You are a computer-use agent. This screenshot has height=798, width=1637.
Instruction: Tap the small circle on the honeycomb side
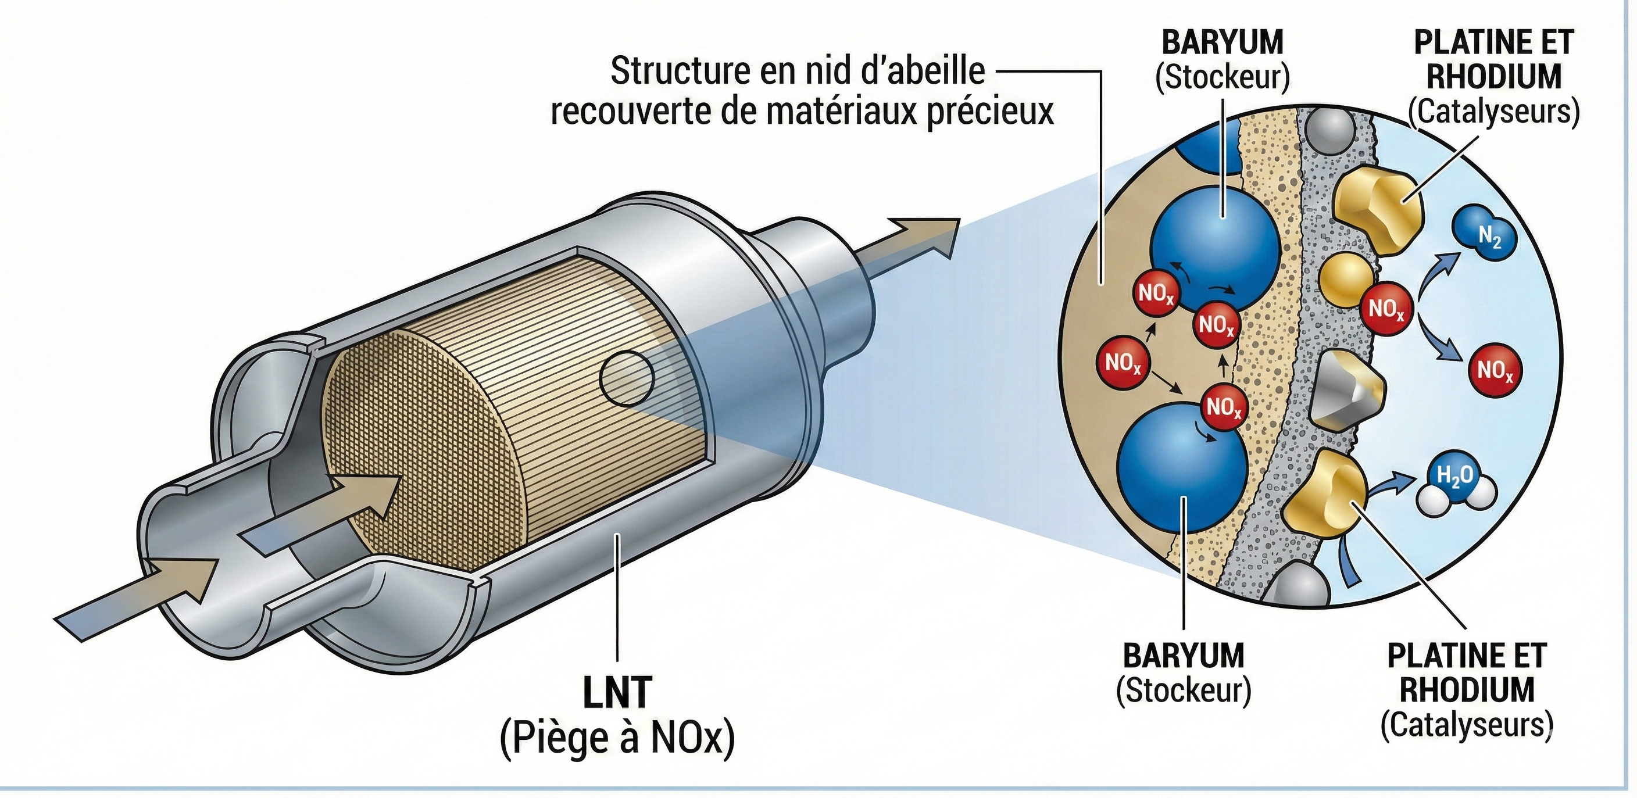tap(627, 379)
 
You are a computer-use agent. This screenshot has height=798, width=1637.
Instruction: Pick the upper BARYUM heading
tap(1222, 43)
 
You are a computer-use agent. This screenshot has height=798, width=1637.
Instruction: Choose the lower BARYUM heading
tap(1183, 656)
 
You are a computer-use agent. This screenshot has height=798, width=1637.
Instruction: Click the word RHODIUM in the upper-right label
tap(1493, 77)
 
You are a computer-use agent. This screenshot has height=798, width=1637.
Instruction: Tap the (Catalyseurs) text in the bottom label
tap(1467, 725)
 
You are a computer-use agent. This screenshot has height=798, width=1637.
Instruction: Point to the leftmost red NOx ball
tap(1123, 364)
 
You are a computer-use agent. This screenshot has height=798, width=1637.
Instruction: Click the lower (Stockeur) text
tap(1183, 690)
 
